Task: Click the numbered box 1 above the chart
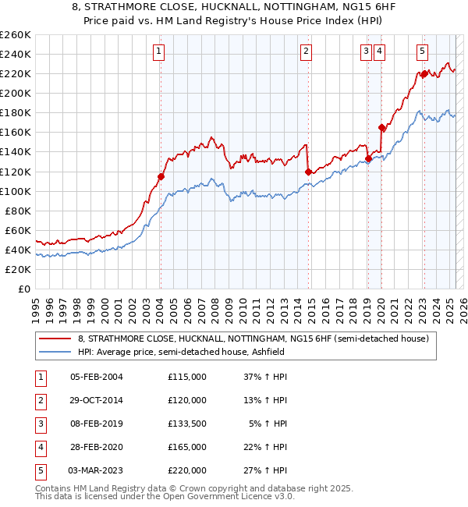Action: point(159,52)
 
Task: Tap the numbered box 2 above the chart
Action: point(307,52)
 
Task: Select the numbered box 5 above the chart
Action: point(422,52)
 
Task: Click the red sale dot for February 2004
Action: point(161,176)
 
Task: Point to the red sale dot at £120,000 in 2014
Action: point(308,172)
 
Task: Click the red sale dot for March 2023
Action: point(424,73)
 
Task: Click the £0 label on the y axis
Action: point(23,289)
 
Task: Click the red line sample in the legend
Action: point(55,339)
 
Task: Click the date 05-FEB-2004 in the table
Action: point(97,377)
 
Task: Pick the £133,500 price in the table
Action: point(187,424)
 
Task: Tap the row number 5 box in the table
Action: point(38,470)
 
